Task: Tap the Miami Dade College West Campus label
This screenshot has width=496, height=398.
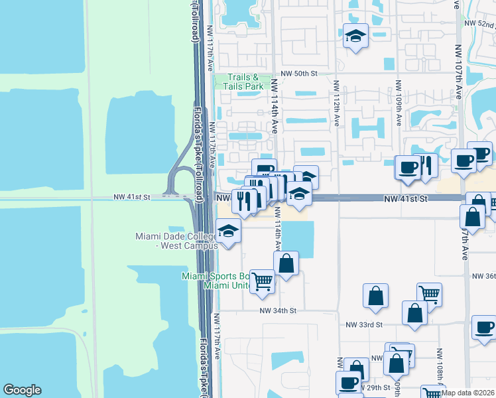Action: [176, 241]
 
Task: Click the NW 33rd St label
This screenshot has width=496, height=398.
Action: [365, 324]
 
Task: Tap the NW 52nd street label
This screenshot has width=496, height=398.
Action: [480, 24]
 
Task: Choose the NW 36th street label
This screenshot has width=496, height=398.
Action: [483, 276]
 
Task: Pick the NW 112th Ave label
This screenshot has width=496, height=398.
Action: [336, 104]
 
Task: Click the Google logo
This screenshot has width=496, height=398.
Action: [22, 390]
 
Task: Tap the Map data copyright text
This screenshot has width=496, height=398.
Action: [468, 393]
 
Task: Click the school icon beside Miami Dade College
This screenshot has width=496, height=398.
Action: [228, 232]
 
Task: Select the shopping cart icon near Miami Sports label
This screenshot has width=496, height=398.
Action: [263, 281]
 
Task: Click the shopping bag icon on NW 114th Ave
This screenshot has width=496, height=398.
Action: [286, 263]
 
